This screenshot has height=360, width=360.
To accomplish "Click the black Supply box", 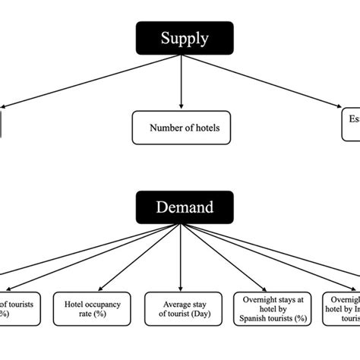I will tap(185, 38).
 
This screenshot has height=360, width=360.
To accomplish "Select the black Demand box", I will tap(185, 207).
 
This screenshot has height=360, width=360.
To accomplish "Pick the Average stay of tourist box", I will tap(181, 310).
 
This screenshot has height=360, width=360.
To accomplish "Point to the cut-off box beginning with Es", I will tap(351, 124).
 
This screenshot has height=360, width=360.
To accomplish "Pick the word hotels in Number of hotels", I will tap(206, 128).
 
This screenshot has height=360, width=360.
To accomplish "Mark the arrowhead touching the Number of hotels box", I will tap(182, 106).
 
